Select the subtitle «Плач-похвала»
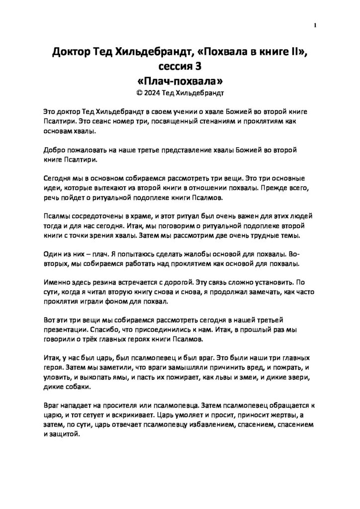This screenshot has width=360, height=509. click(180, 80)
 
